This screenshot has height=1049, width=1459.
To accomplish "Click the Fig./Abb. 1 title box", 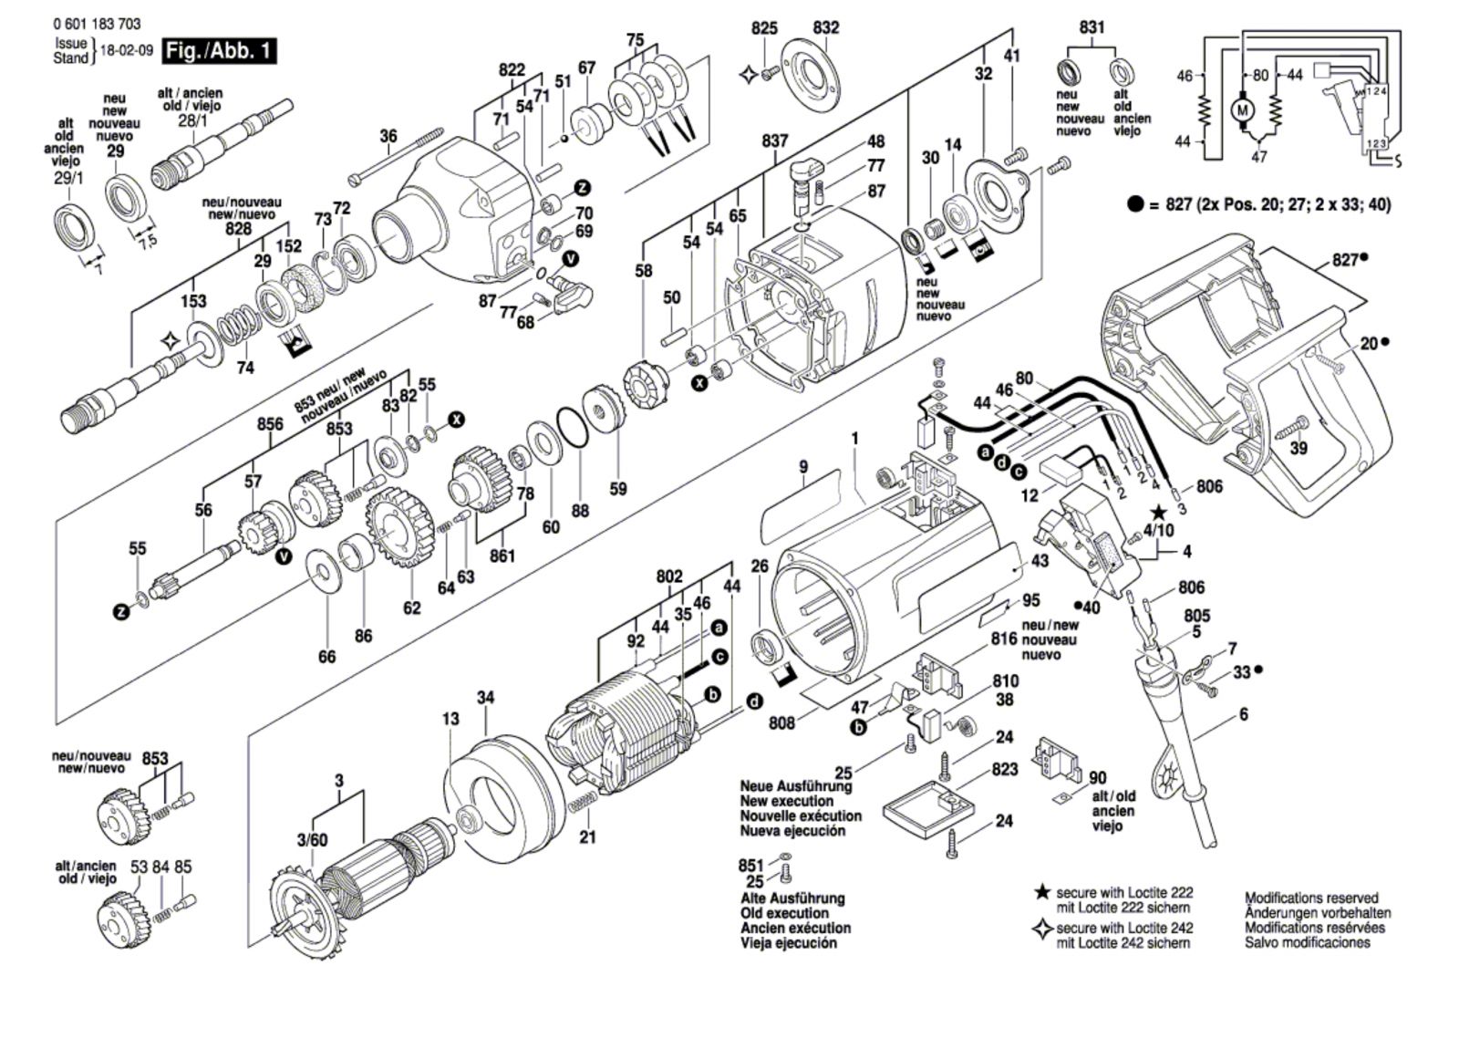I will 218,51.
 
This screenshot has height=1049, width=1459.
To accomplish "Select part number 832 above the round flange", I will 825,28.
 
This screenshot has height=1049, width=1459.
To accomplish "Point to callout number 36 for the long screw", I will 388,137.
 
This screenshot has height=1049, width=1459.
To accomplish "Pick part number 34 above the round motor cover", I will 486,698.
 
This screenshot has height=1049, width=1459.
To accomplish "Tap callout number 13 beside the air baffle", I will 450,720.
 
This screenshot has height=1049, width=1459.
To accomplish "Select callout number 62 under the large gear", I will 412,608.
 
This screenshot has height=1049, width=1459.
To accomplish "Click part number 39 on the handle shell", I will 1298,448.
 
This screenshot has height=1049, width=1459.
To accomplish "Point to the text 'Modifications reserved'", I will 1311,898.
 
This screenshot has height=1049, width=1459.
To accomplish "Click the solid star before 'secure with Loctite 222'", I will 1041,891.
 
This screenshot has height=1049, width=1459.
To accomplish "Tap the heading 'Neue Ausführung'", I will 795,786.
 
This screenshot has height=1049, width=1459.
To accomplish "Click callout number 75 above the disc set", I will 635,40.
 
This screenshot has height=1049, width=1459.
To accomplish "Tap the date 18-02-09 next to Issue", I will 125,51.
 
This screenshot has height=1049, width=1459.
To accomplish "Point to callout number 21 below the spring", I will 587,836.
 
